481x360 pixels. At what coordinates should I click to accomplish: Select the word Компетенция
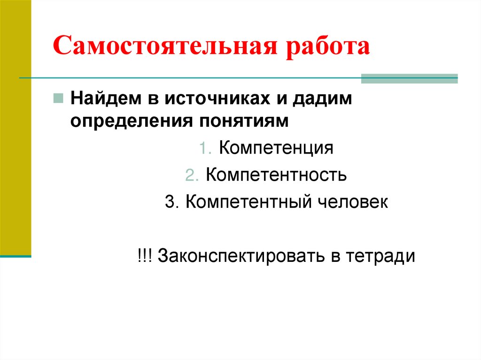coord(276,148)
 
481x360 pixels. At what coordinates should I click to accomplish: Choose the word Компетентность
coord(276,175)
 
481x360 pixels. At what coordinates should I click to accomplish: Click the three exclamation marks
coord(145,256)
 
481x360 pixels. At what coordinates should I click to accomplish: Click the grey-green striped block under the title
coord(409,78)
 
